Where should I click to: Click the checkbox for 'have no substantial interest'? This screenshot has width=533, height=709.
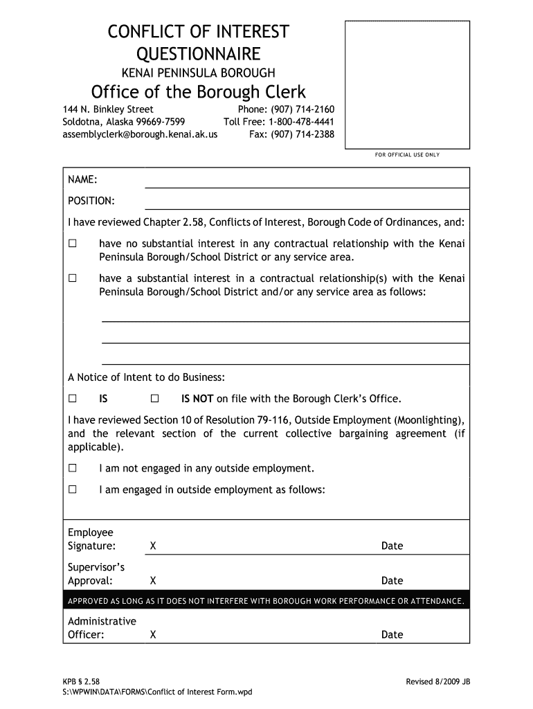pos(72,244)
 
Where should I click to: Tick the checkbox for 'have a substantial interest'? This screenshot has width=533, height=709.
pos(72,278)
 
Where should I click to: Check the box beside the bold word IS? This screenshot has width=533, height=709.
pos(72,399)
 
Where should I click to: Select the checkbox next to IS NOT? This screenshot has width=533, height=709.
pos(154,399)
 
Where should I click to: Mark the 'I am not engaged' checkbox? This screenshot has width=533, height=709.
pos(72,468)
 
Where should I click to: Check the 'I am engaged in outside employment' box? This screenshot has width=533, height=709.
pos(72,490)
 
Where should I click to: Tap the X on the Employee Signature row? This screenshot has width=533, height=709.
pos(152,546)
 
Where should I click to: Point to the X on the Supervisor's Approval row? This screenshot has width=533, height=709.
pos(152,581)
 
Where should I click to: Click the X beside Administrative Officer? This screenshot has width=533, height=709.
pos(152,635)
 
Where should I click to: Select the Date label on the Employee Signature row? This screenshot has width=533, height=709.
pos(392,546)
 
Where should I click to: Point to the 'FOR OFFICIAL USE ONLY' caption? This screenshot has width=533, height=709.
pos(407,154)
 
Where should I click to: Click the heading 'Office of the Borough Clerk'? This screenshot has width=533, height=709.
pos(199,92)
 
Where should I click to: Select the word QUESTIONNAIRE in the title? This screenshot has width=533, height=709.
pos(198,54)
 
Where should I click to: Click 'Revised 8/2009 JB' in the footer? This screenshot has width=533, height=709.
pos(437,682)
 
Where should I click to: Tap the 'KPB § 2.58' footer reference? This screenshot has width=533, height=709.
pos(82,682)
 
